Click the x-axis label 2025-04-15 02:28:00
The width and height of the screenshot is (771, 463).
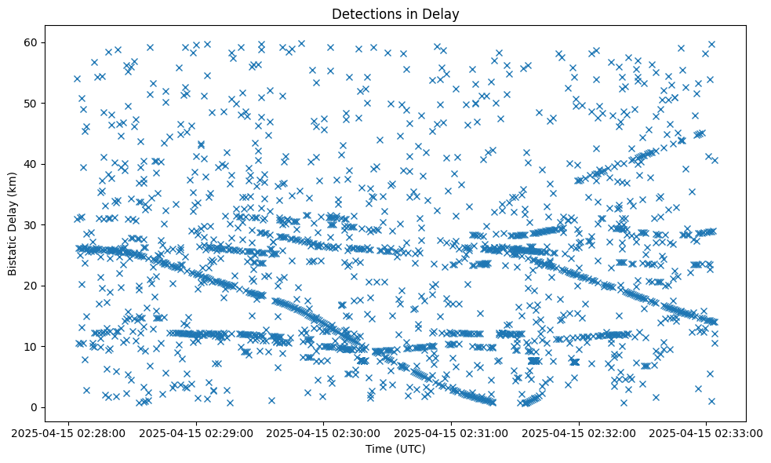(x=67, y=432)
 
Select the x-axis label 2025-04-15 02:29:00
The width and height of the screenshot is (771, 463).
(x=195, y=432)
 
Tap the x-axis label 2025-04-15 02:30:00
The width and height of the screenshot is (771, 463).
(x=323, y=432)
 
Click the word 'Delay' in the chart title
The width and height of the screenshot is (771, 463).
(x=441, y=14)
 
